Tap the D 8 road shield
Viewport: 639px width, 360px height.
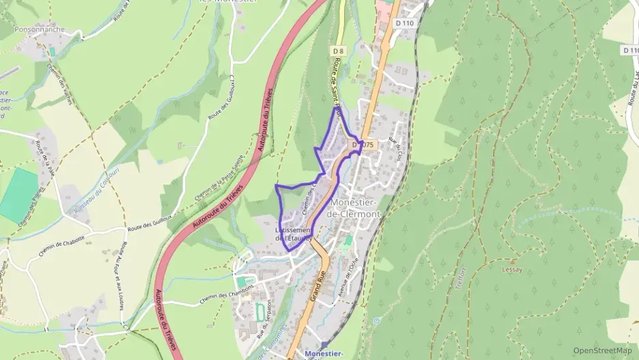pyautogui.click(x=337, y=51)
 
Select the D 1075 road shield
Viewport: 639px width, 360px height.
pyautogui.click(x=364, y=145)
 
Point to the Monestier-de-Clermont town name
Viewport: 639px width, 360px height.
pyautogui.click(x=354, y=208)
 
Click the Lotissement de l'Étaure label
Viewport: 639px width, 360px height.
pyautogui.click(x=294, y=234)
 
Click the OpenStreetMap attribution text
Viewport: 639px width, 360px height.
pyautogui.click(x=602, y=350)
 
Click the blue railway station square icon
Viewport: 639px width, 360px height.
pyautogui.click(x=324, y=345)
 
